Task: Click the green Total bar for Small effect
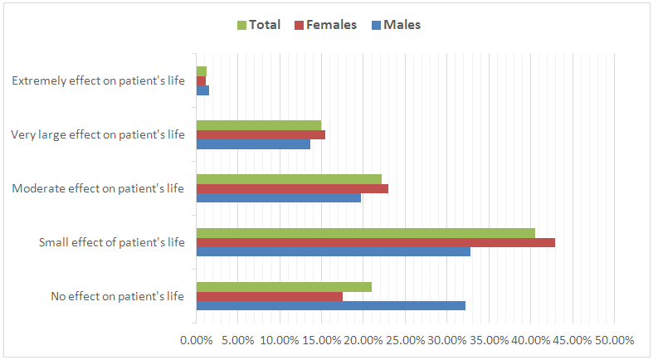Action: point(365,233)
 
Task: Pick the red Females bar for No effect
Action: point(269,296)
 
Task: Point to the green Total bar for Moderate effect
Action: point(289,179)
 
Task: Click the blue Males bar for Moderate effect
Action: point(278,197)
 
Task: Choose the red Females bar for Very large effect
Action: point(261,134)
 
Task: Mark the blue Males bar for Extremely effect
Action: point(202,90)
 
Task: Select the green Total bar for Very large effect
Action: point(258,125)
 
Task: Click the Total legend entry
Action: point(259,25)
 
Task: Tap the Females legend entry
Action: point(325,25)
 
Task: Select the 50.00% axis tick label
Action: point(613,340)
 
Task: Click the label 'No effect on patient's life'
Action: point(117,296)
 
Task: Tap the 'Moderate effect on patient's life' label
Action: point(98,188)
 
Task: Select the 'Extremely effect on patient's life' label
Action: point(98,81)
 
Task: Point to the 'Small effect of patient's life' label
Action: point(111,243)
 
